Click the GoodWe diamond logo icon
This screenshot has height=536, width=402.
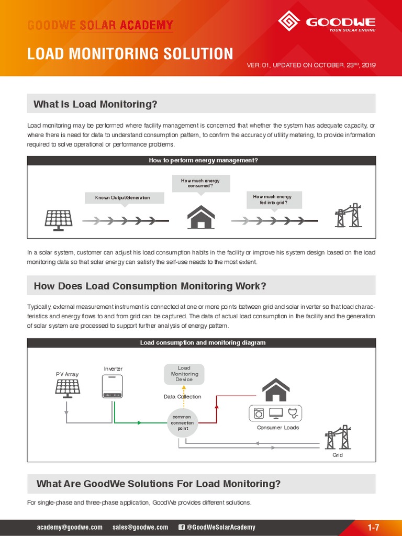click(289, 21)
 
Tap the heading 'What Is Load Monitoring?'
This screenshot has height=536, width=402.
click(95, 104)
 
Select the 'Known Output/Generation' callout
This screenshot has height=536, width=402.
click(122, 198)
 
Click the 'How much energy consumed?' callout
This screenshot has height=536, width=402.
click(200, 183)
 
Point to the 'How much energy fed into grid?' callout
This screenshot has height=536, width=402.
click(272, 199)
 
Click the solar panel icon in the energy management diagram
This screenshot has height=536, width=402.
click(58, 220)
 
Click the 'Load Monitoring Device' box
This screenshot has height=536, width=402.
click(184, 374)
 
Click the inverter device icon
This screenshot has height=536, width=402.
click(113, 386)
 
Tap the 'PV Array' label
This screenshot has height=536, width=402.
click(67, 374)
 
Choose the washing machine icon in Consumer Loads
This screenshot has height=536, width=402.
click(259, 412)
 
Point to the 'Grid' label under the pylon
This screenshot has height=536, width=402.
click(338, 455)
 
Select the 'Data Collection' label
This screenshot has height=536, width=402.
click(182, 397)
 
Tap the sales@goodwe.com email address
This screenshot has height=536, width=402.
click(140, 527)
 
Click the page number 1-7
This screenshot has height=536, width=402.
click(373, 527)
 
